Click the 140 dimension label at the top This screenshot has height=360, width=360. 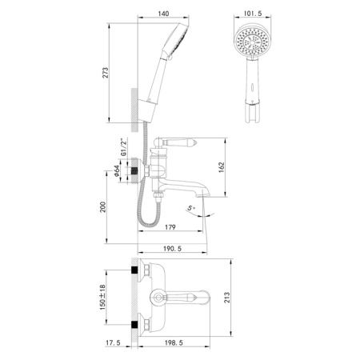pyautogui.click(x=163, y=14)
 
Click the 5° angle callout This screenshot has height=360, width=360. pyautogui.click(x=190, y=210)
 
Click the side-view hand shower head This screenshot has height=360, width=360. pyautogui.click(x=178, y=40)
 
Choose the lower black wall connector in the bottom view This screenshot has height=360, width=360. pyautogui.click(x=134, y=325)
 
